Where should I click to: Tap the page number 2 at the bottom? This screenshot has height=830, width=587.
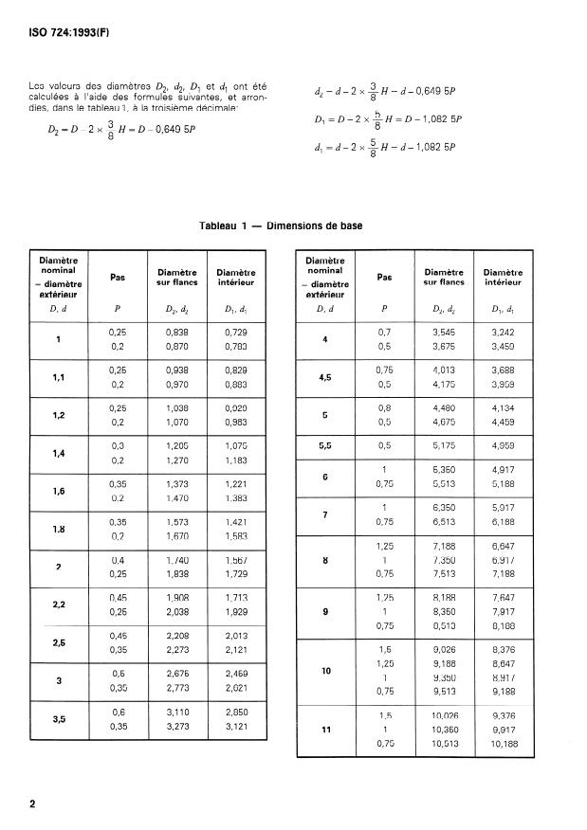click(x=32, y=804)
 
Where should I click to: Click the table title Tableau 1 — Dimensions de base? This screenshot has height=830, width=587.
click(x=281, y=226)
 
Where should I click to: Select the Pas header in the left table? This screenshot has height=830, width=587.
click(x=118, y=278)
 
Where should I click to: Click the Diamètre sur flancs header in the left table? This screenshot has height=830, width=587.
click(x=175, y=277)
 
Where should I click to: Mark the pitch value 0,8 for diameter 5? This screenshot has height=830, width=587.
click(x=384, y=408)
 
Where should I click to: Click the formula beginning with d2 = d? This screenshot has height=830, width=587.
click(x=385, y=92)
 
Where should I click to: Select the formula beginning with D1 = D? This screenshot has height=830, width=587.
click(x=387, y=119)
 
